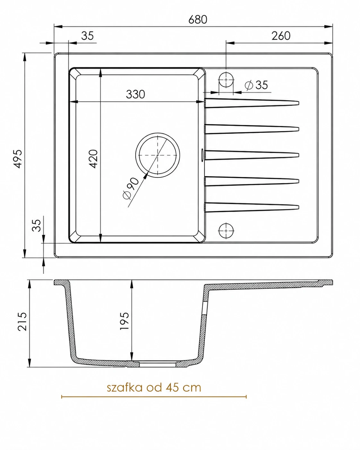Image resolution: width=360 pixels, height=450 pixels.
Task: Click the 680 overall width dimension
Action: point(198,20)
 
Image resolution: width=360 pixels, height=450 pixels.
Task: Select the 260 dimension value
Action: point(281,36)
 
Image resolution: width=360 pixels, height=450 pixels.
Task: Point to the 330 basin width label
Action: point(135,94)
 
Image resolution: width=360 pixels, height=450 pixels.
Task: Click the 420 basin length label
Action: point(93,159)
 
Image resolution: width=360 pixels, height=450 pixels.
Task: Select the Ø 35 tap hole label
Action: point(256,85)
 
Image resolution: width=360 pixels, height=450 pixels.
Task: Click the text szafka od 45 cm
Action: point(154,387)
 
